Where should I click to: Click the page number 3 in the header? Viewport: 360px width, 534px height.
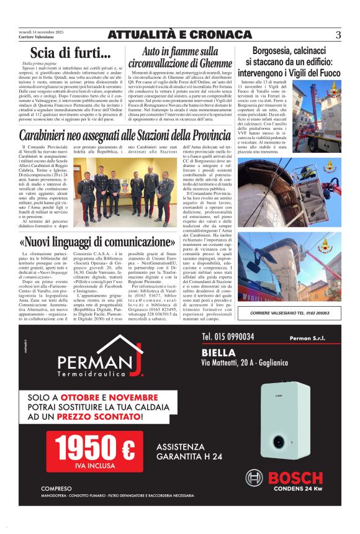(338, 35)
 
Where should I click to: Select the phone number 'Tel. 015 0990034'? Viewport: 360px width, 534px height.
(228, 337)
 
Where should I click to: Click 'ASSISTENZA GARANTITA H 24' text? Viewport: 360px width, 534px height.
(189, 451)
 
